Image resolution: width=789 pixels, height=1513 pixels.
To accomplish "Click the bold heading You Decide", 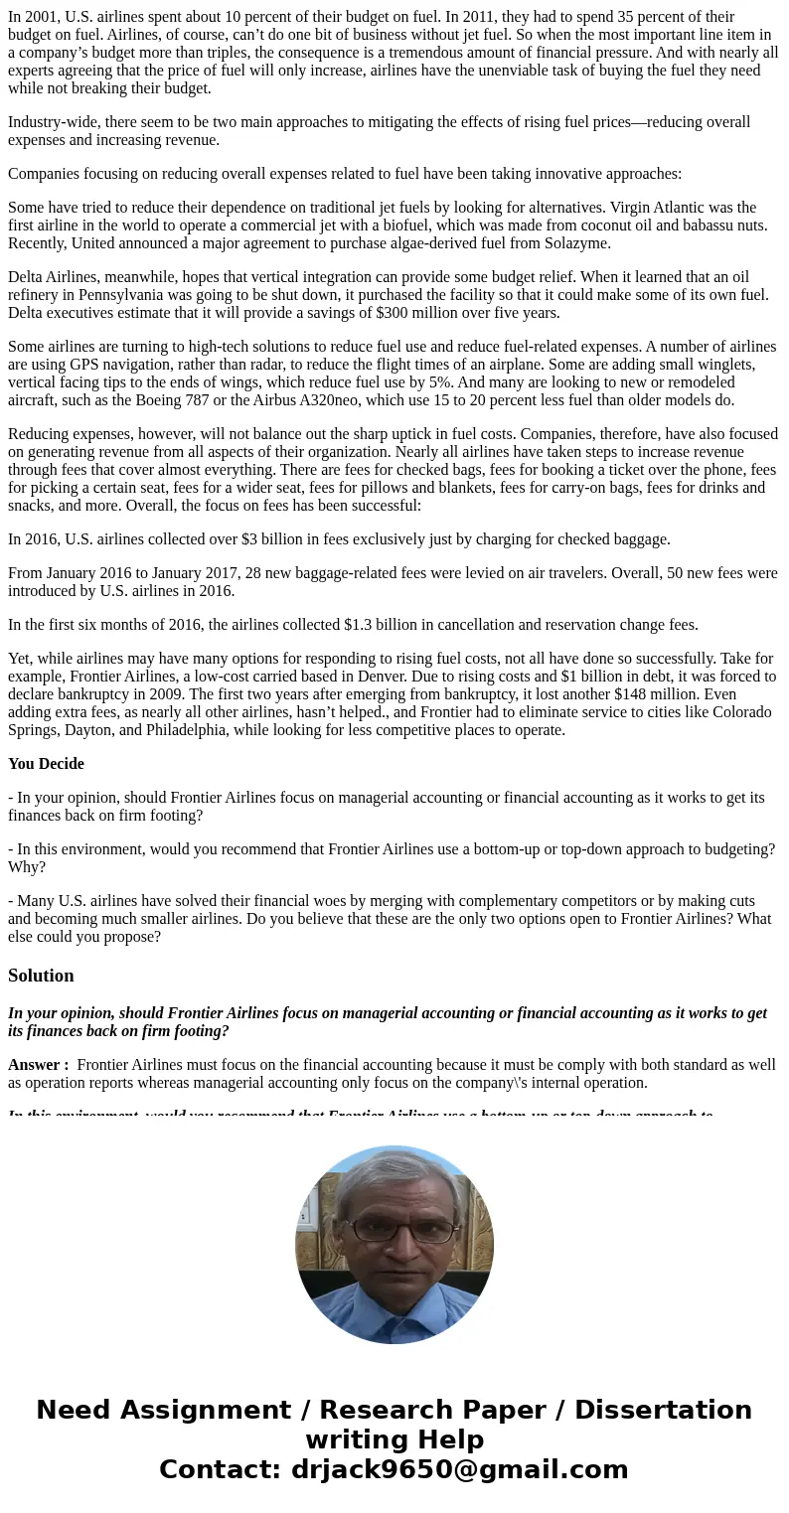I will tap(46, 764).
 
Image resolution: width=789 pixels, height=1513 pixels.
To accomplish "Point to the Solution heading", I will tap(41, 976).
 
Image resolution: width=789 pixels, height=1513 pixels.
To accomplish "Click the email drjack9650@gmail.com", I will tap(459, 1470).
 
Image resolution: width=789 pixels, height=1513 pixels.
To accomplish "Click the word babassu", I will tap(704, 226).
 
